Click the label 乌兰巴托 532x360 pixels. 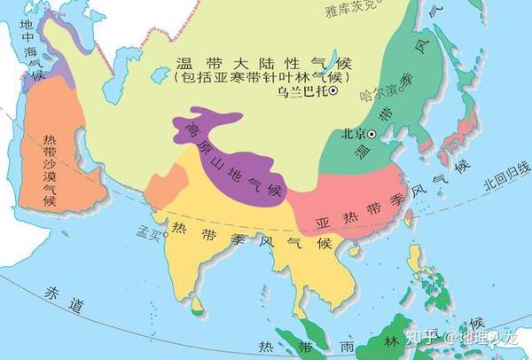(x=301, y=91)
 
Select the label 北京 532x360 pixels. (x=354, y=134)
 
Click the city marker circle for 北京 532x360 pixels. (x=372, y=134)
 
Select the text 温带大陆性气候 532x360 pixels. (x=265, y=63)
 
